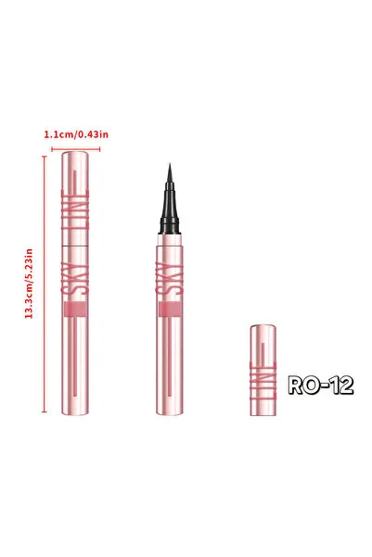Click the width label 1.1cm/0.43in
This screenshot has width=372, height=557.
(x=76, y=134)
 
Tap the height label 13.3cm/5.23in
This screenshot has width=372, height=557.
(x=29, y=284)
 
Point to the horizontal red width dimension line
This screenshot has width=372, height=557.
(x=76, y=149)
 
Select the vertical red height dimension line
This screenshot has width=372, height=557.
(x=45, y=285)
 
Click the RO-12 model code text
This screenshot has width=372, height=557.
(x=320, y=385)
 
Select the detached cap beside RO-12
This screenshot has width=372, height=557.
(x=263, y=370)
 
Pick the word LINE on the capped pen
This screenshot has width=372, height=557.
(x=75, y=209)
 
